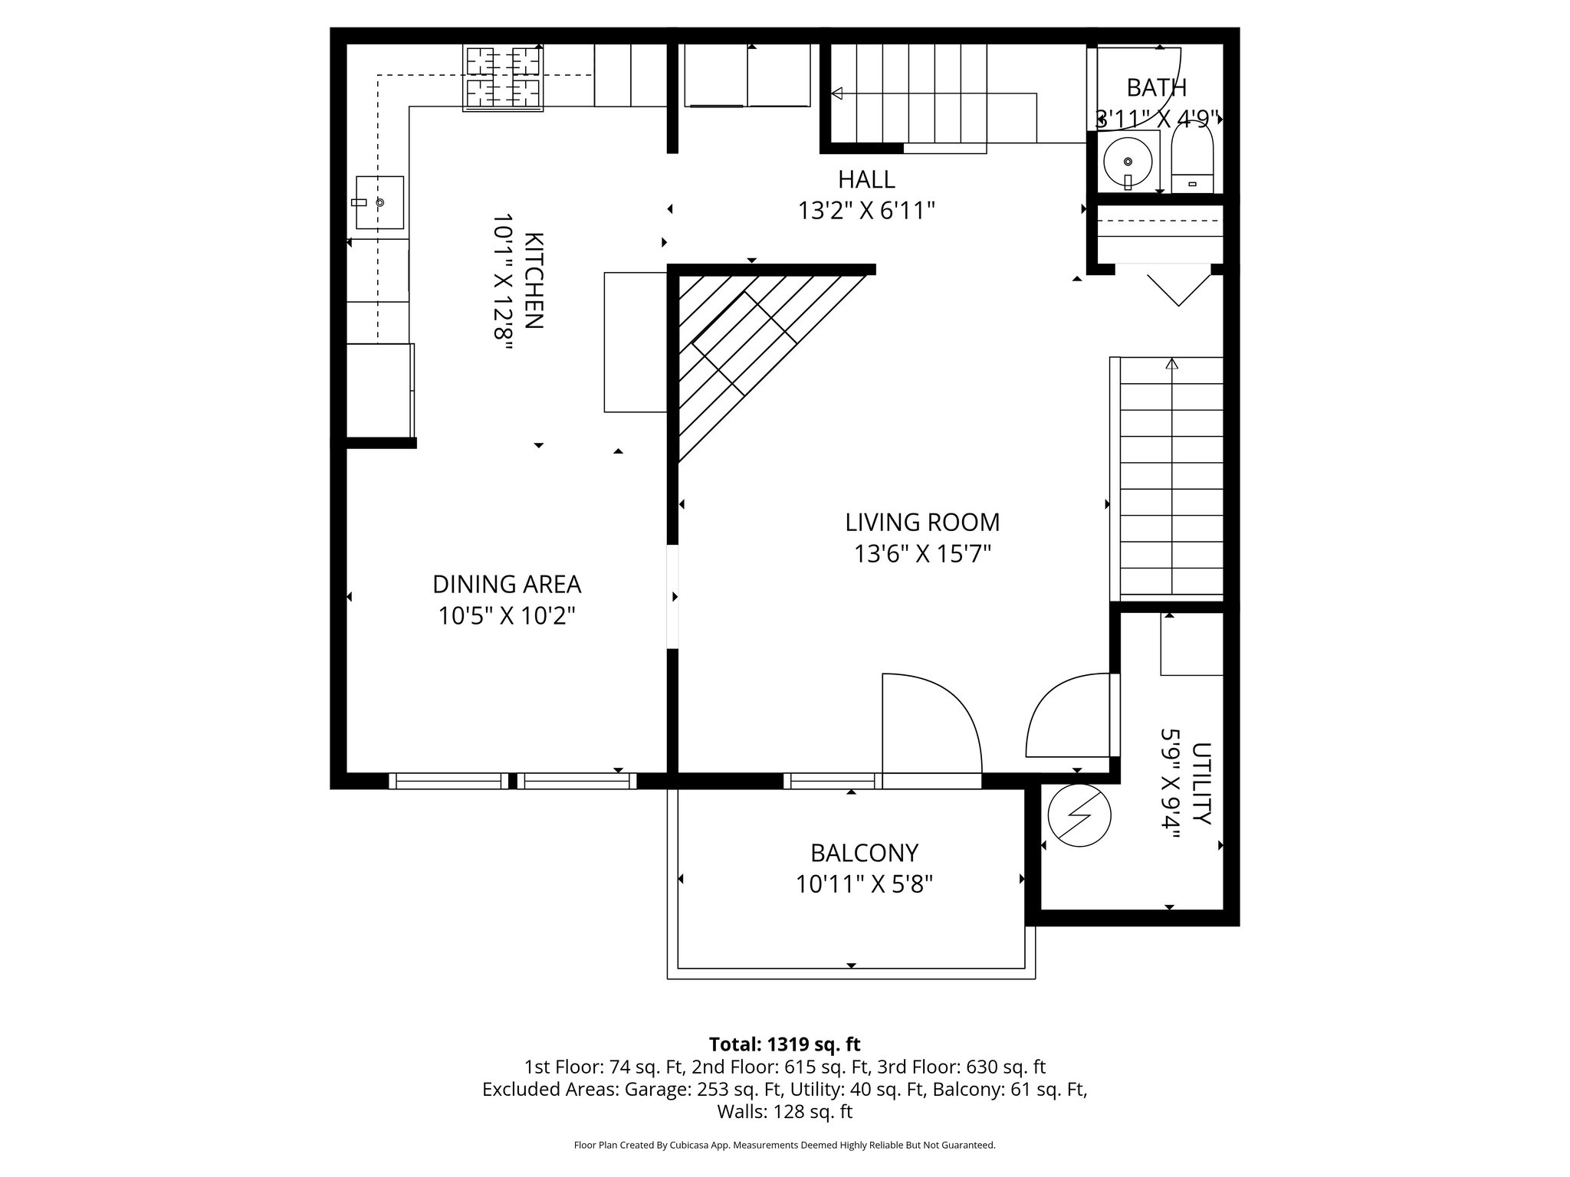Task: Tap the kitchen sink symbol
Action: [x=379, y=202]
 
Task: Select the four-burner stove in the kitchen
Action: [x=503, y=77]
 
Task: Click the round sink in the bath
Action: [x=1128, y=162]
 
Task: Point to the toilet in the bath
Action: [x=1192, y=162]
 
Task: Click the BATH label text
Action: [x=1156, y=88]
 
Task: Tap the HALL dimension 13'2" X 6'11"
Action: [x=866, y=211]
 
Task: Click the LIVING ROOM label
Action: [x=922, y=523]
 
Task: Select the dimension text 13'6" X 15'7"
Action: [x=922, y=554]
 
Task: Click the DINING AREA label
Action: [x=507, y=585]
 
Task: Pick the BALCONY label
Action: [x=864, y=853]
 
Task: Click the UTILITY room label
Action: [x=1201, y=783]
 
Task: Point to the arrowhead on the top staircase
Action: [x=837, y=93]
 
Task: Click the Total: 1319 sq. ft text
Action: [x=784, y=1044]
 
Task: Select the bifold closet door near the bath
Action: [x=1177, y=287]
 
